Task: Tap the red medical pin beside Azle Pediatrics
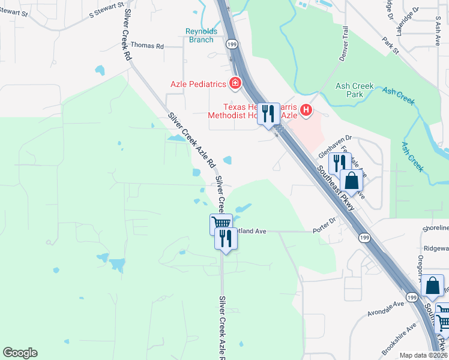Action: pos(235,83)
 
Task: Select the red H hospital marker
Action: pos(307,110)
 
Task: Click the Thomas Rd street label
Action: pos(147,46)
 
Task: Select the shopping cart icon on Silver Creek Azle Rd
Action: pos(221,223)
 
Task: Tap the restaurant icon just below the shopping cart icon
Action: pos(226,239)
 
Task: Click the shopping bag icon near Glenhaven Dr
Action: pos(352,180)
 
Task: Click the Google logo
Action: pos(20,353)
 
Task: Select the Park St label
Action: pos(390,46)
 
